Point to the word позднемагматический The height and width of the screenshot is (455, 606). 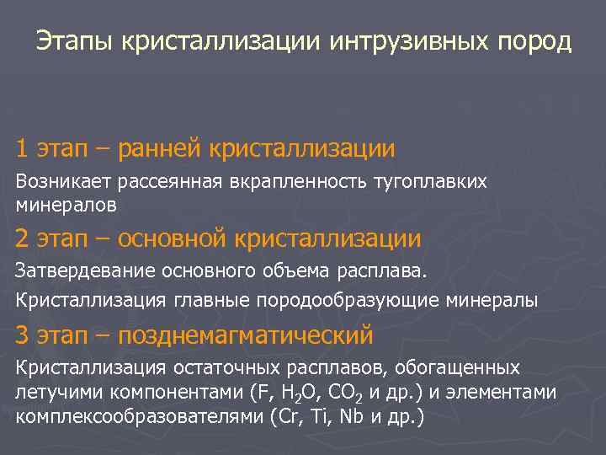click(245, 335)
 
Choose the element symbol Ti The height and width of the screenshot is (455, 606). click(322, 416)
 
